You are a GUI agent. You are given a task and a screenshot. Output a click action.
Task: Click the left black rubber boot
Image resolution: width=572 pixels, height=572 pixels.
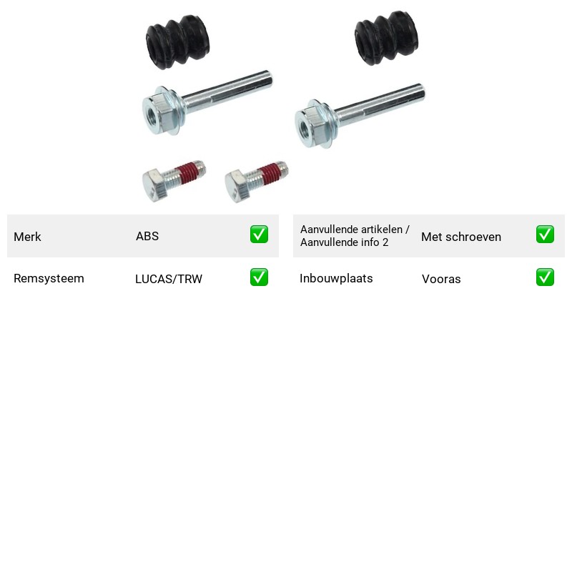[x=177, y=42]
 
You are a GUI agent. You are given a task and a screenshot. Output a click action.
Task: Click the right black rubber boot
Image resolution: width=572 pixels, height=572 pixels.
[x=386, y=39]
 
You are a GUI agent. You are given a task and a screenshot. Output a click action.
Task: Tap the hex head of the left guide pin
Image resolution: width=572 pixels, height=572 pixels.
[x=157, y=112]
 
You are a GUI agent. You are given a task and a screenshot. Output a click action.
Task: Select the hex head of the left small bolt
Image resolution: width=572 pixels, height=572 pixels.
[x=155, y=185]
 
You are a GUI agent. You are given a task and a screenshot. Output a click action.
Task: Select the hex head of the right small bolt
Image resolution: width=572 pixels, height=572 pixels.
[x=238, y=186]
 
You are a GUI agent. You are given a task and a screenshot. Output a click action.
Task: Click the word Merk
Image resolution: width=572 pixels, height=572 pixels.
[x=27, y=237]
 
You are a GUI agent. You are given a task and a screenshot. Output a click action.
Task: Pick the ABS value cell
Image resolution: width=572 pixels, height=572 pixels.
[x=147, y=237]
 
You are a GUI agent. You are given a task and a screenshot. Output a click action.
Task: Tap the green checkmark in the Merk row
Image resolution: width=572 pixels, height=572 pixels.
[x=259, y=235]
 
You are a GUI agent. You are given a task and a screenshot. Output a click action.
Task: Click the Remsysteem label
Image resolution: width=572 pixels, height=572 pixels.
[x=49, y=279]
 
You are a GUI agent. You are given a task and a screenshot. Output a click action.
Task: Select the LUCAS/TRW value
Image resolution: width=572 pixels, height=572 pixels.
[x=169, y=279]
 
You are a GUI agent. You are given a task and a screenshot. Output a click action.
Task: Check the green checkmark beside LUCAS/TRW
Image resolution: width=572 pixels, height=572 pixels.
[x=259, y=277]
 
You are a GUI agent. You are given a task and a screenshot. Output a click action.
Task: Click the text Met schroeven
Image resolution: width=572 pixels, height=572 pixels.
[x=461, y=237]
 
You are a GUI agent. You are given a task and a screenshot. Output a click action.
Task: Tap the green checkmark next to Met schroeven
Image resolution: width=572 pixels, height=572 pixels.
[x=545, y=235]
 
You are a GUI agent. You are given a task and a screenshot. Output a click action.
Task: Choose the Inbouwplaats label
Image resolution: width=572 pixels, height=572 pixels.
[x=336, y=279]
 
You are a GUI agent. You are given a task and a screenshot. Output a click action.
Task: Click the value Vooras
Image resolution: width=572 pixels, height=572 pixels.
[x=441, y=279]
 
